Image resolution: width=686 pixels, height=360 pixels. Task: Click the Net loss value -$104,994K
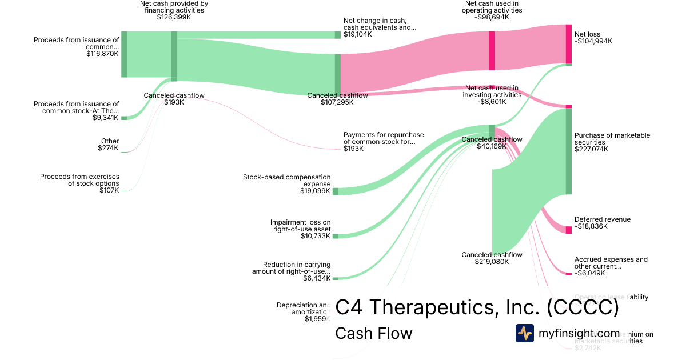coord(593,41)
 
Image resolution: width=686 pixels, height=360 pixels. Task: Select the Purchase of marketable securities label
coord(612,139)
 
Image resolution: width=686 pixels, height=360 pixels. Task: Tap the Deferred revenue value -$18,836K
coord(591,226)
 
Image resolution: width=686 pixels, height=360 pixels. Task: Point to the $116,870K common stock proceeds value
coord(102,54)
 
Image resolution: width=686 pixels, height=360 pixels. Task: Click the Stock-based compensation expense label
coord(286,181)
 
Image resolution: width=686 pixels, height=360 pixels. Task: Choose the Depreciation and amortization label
coord(303,308)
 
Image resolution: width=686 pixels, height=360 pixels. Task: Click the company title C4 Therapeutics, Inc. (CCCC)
coord(477,307)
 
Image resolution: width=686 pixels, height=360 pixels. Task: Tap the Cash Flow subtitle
coord(373,333)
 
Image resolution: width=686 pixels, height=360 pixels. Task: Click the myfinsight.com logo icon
coord(525,333)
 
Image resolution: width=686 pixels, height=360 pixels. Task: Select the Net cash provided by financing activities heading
coord(174,6)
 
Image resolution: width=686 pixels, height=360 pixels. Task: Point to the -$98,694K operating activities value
coord(492,17)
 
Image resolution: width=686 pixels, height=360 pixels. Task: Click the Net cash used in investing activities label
coord(492,91)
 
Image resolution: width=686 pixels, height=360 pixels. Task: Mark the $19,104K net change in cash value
coord(357,34)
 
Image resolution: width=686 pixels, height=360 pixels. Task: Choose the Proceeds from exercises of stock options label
coord(79,180)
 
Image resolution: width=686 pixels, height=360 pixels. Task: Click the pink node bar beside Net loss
coord(569,44)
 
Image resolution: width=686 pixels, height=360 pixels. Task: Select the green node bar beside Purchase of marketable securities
coord(569,151)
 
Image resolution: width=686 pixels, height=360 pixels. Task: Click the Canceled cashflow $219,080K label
coord(492,258)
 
